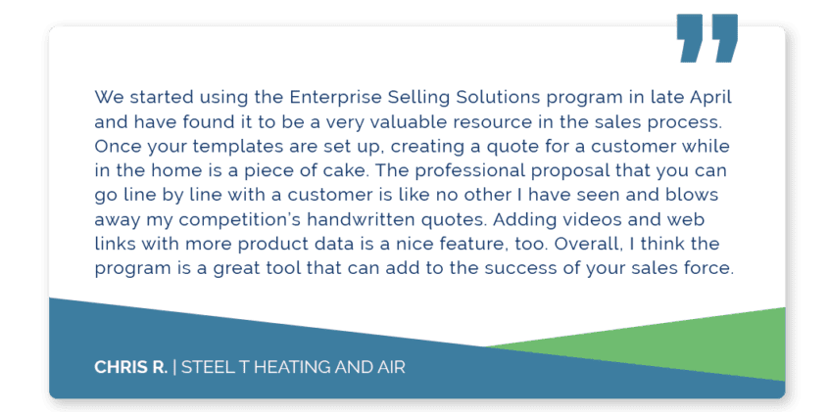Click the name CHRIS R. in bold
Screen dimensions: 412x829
pyautogui.click(x=130, y=367)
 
